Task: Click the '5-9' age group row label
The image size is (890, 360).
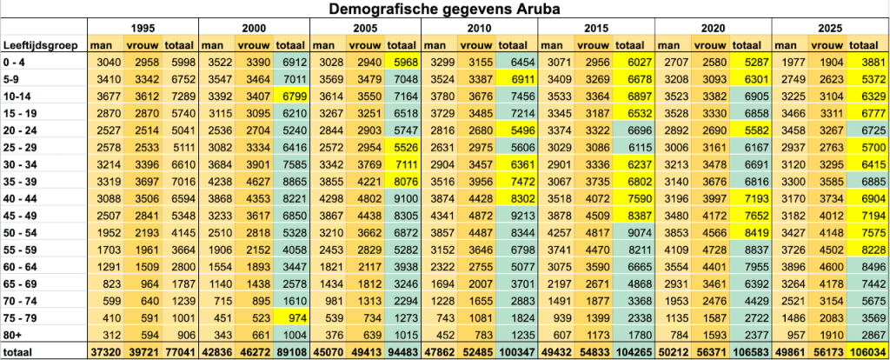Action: click(14, 76)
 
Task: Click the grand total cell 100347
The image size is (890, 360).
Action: click(516, 350)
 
